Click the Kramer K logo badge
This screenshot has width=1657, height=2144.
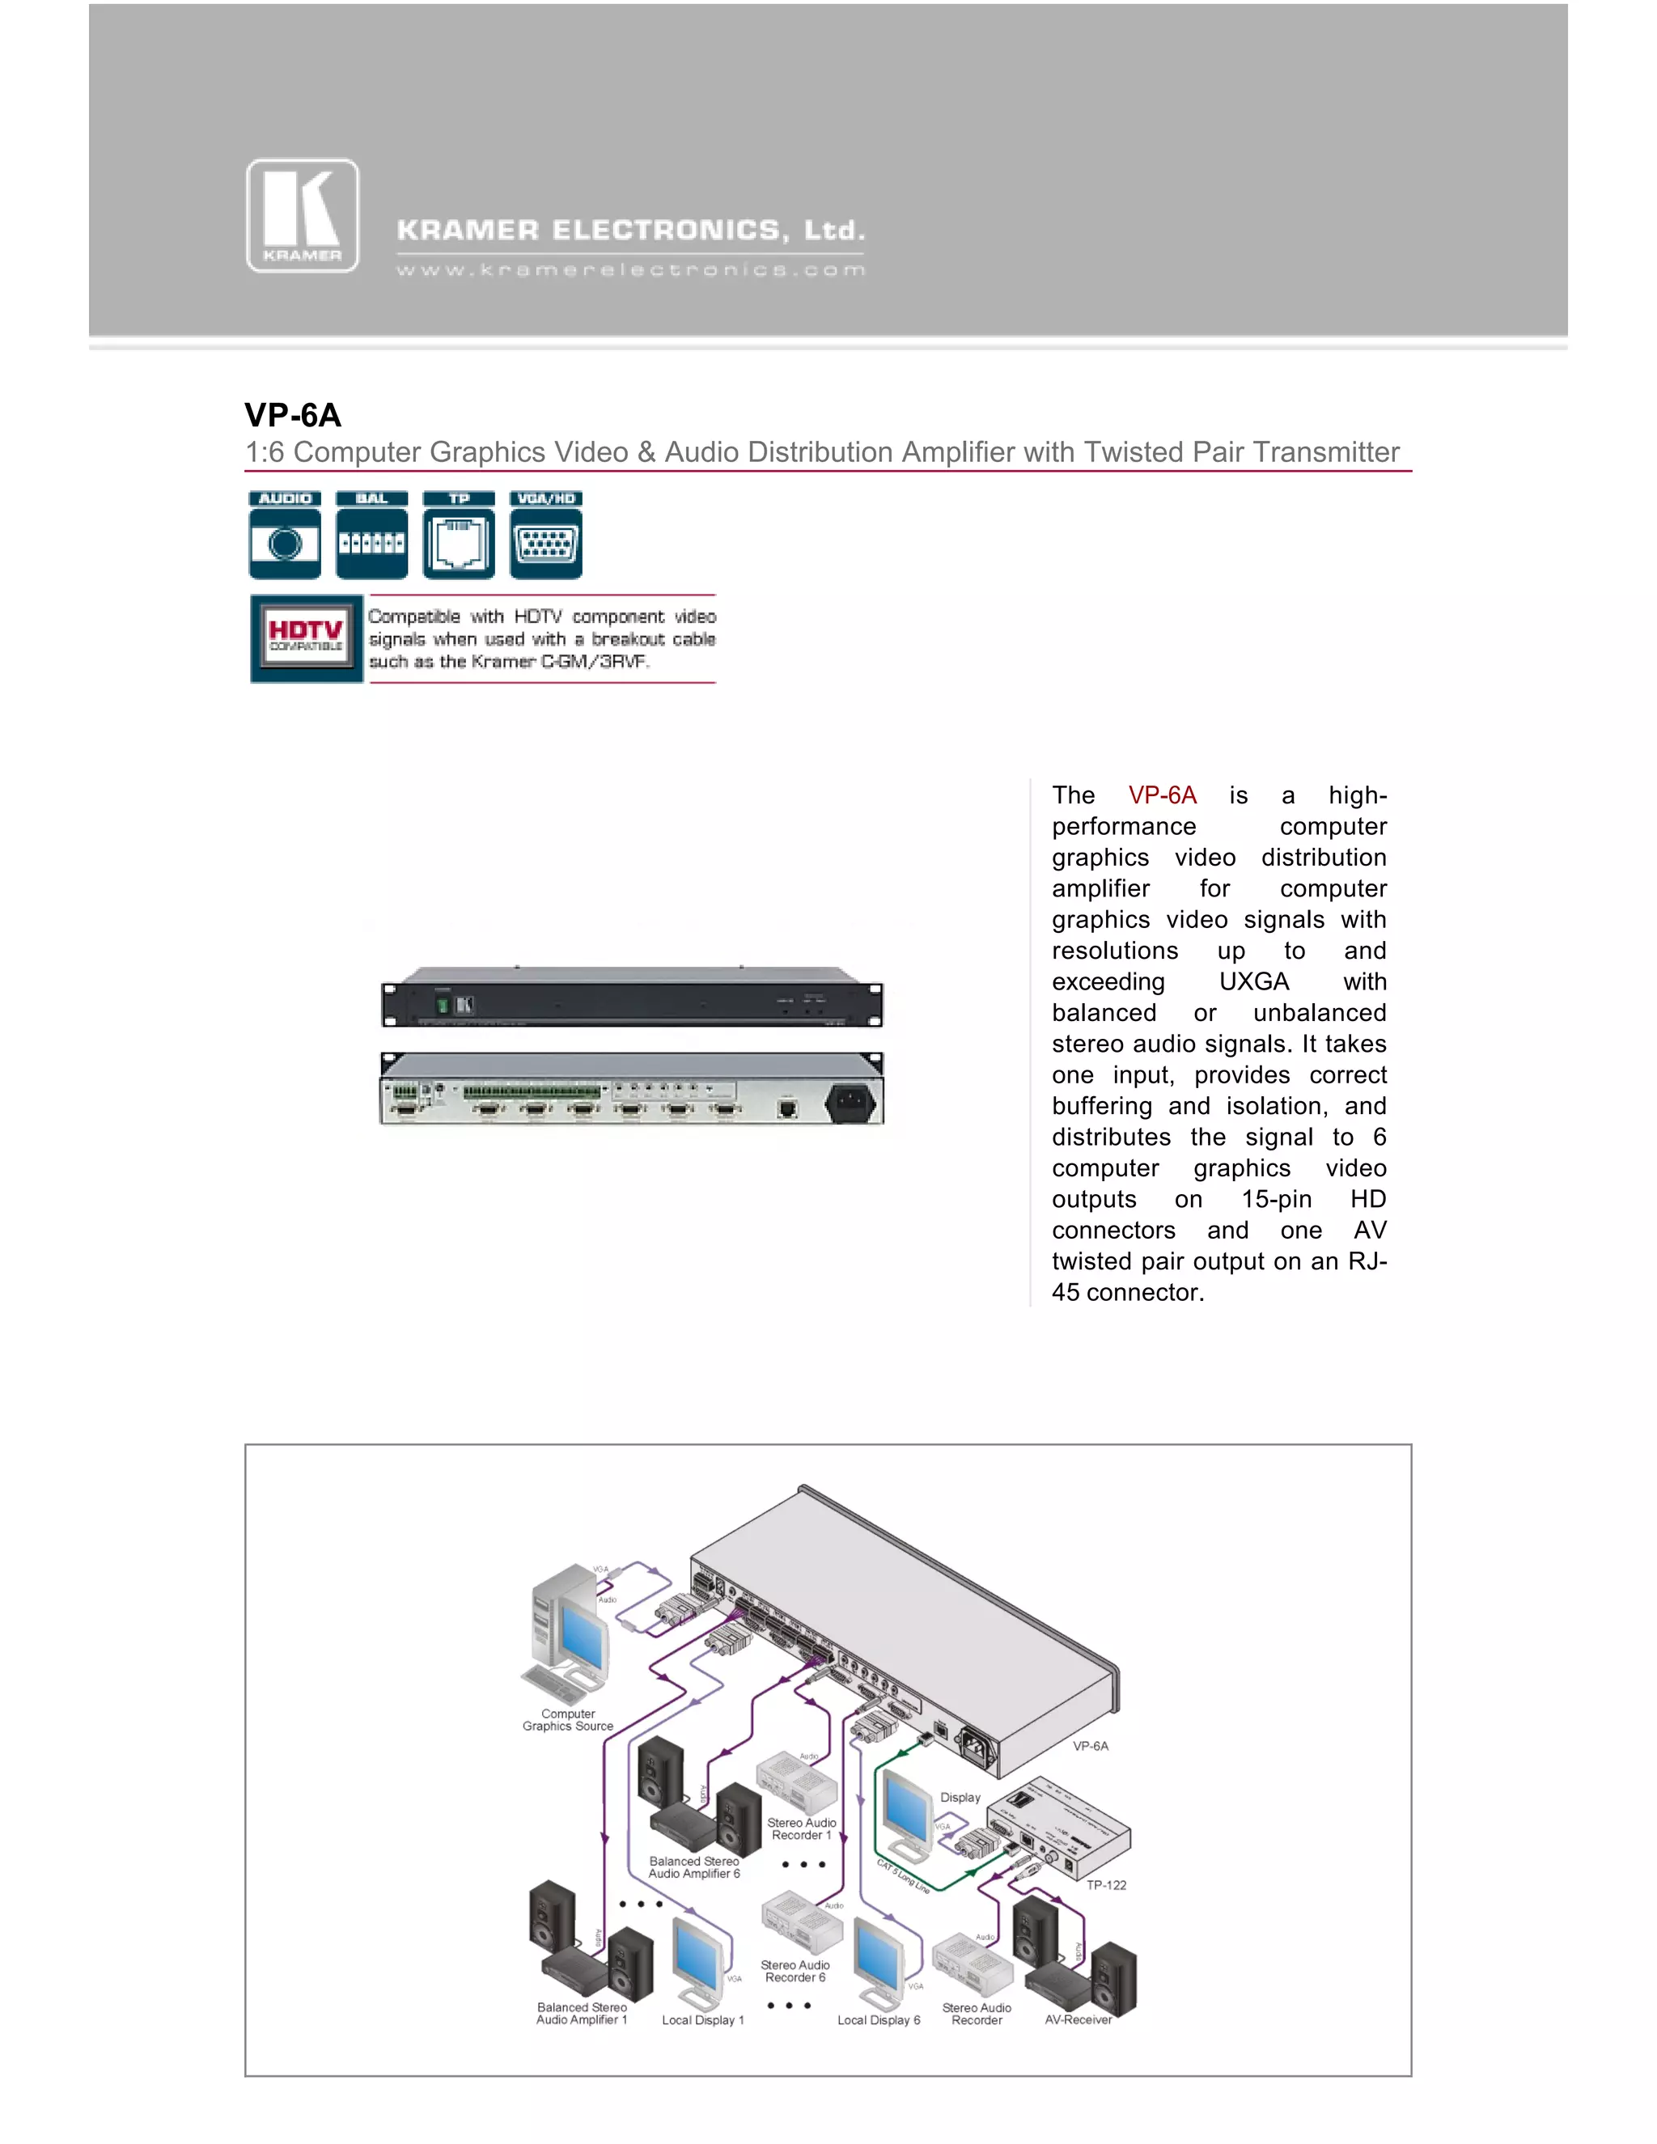(303, 216)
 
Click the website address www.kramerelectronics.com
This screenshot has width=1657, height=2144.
(630, 270)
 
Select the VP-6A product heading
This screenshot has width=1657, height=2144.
(293, 415)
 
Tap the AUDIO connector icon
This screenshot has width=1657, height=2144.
(285, 535)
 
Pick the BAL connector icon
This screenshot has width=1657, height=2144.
(371, 535)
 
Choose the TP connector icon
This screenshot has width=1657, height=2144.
(459, 535)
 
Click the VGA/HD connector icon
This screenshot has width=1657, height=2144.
(546, 535)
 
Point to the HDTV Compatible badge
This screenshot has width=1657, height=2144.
(307, 638)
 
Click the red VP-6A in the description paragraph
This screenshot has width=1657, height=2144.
(1163, 795)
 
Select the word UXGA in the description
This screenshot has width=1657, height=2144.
(1253, 981)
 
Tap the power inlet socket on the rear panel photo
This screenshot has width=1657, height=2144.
(850, 1101)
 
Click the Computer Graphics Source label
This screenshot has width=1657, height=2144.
(567, 1720)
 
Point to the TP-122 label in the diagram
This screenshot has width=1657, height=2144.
(1106, 1885)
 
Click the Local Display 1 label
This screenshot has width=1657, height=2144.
(703, 2020)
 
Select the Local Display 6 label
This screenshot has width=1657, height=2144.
(879, 2020)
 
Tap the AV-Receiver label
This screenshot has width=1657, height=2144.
(1078, 2019)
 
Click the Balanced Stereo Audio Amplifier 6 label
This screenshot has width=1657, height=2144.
(694, 1867)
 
